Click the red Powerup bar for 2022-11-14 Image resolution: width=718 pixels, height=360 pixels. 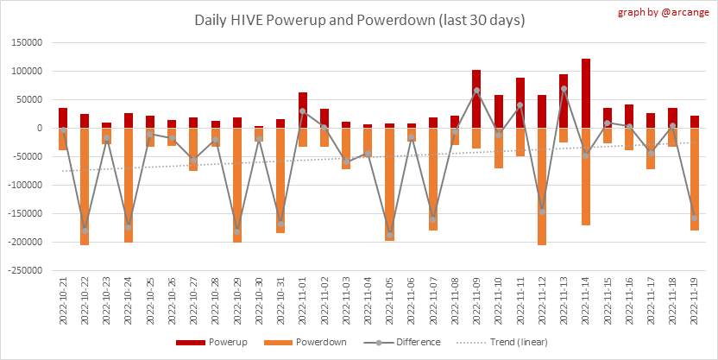point(586,93)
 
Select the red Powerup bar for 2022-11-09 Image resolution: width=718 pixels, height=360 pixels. point(477,99)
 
